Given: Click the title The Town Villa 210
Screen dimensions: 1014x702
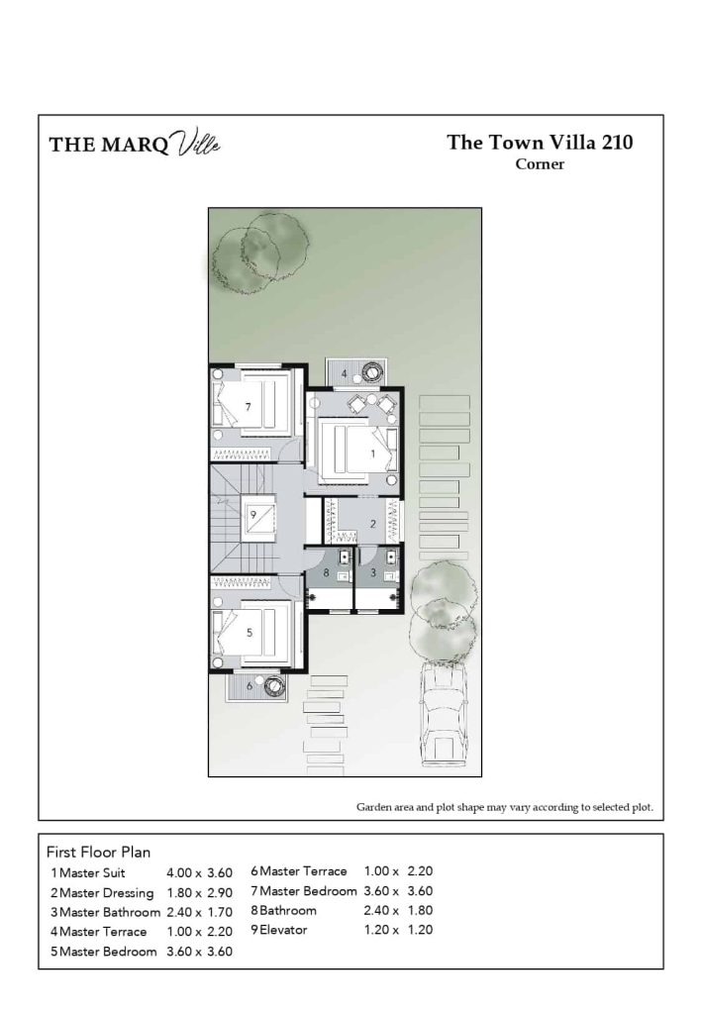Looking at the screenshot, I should coord(540,142).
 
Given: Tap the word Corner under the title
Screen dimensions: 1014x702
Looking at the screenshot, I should coord(540,164).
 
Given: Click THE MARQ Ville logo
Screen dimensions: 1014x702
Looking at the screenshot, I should coord(135,145).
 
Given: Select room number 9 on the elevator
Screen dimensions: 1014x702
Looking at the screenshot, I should coord(253,514).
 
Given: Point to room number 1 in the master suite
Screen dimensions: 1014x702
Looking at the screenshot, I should coord(372,453).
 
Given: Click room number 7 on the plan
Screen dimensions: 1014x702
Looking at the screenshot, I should coord(249,407).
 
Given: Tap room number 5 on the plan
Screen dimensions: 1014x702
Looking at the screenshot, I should coord(249,631).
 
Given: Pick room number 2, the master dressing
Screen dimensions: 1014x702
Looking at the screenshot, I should coord(372,524).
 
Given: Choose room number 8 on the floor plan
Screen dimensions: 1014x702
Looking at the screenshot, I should coord(326,572).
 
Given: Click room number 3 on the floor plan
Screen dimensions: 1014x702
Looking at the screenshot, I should coord(372,572).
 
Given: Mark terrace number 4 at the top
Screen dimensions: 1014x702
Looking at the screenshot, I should coord(344,373).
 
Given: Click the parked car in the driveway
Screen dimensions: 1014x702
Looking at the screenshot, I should coord(444,713).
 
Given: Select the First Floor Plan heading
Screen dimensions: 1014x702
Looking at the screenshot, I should coord(98,852).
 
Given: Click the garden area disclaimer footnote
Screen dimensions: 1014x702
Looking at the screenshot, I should coord(505,807).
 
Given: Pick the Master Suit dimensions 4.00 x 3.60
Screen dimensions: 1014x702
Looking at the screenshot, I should coord(199,873).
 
